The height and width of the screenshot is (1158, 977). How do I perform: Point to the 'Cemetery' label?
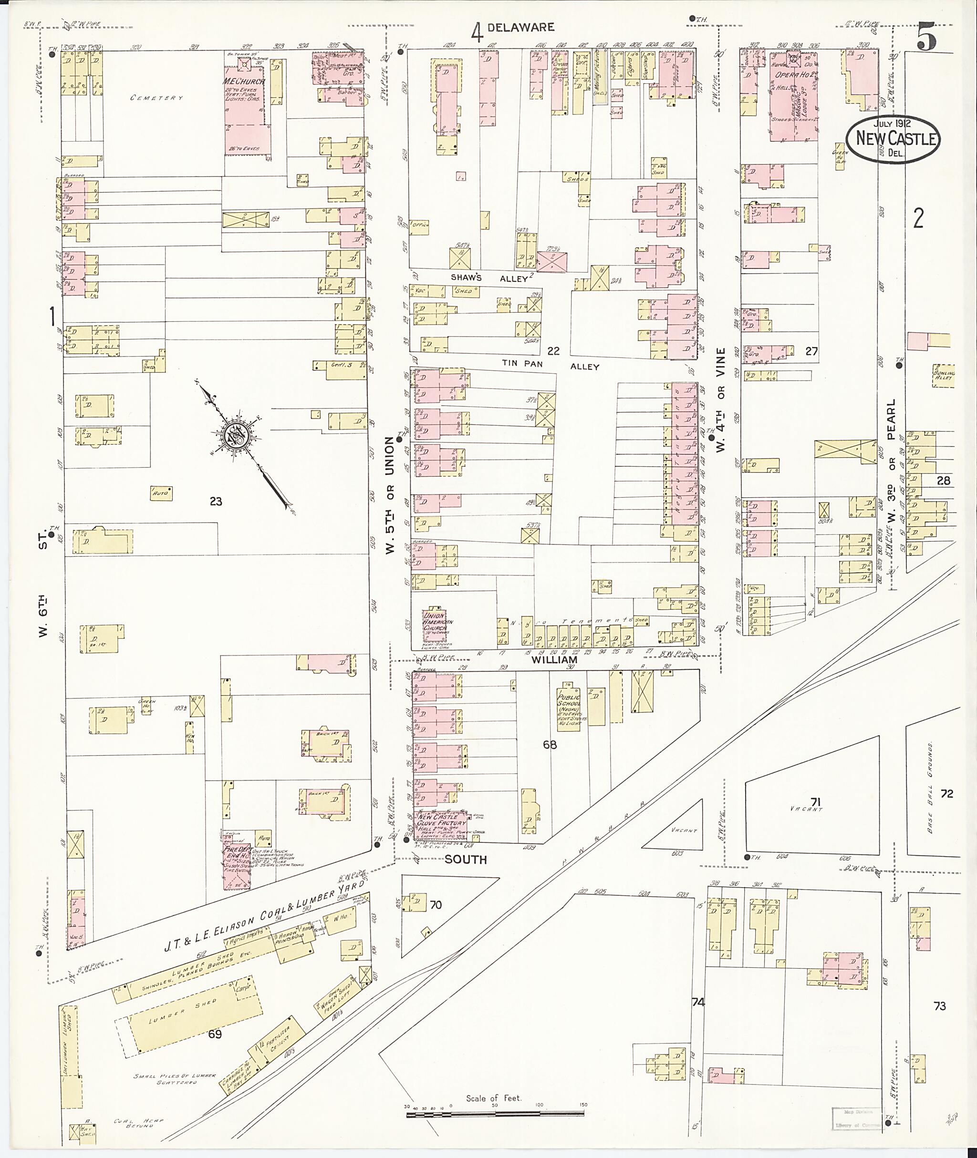157,97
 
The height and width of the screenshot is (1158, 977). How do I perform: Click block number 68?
550,745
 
